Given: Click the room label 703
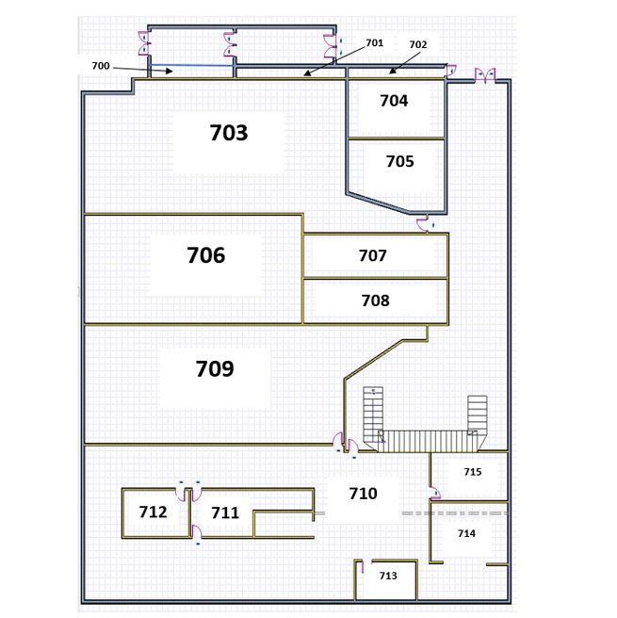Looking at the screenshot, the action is (x=229, y=133).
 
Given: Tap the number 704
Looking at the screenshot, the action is (x=394, y=101).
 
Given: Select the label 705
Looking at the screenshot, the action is (x=400, y=161).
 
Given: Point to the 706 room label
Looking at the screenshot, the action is (x=205, y=255).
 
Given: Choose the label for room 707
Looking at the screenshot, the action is (x=372, y=255).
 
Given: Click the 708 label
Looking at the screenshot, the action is (x=375, y=301).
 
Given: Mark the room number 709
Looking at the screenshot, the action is (x=215, y=368).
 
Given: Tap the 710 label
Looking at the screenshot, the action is (x=363, y=494).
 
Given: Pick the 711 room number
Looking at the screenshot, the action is (x=225, y=512).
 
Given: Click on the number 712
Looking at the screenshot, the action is (x=153, y=512).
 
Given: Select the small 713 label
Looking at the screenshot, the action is (x=388, y=576).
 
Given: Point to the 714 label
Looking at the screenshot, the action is (x=466, y=533).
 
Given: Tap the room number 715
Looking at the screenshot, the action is (x=472, y=472).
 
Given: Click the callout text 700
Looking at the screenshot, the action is (x=101, y=66).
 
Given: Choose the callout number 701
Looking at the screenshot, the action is (x=374, y=42).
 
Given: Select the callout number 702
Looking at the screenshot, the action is (x=417, y=44).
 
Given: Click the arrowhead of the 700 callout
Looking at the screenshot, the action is (x=170, y=71).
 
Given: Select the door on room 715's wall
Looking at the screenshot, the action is (x=434, y=493).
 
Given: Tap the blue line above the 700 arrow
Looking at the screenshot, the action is (x=191, y=65).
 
